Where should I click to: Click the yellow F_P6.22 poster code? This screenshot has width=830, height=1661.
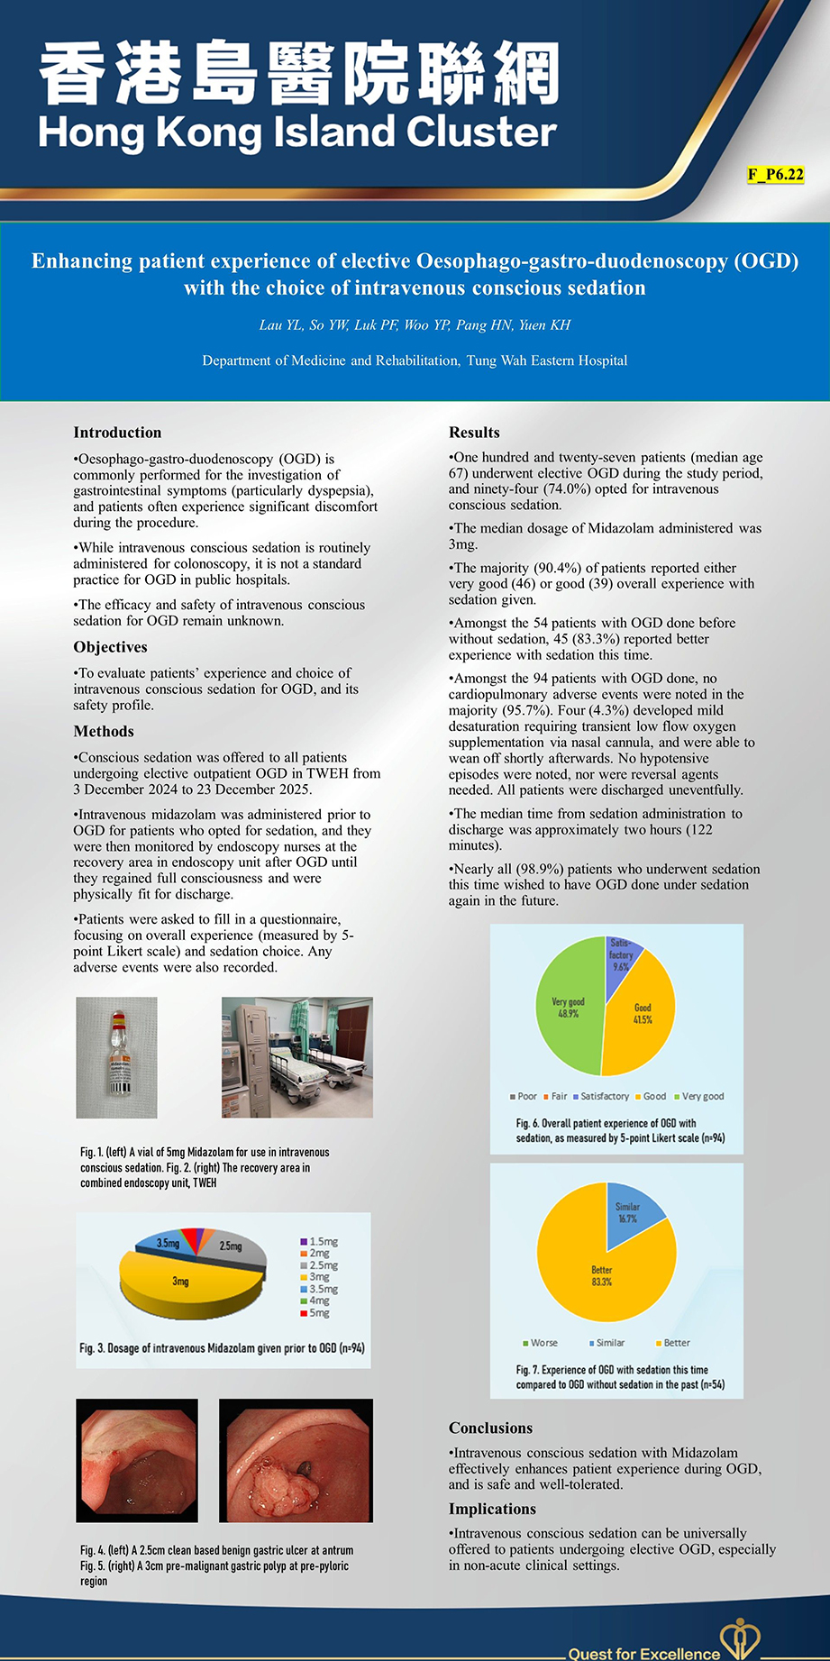pos(775,175)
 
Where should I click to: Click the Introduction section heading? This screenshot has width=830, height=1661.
pos(117,433)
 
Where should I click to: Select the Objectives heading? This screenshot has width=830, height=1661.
pos(110,647)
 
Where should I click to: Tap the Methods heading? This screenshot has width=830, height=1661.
pos(104,731)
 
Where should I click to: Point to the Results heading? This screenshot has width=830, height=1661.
pos(474,433)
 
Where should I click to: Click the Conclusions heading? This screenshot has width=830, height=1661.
pos(490,1428)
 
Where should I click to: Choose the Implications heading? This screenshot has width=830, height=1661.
pos(492,1509)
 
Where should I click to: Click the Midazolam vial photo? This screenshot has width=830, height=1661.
pos(116,1057)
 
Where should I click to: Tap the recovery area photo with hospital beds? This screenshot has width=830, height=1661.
pos(296,1057)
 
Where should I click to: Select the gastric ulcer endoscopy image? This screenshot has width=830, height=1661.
pos(136,1460)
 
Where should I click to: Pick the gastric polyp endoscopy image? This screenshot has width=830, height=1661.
pos(296,1460)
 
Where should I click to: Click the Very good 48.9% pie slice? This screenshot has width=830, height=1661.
pos(568,1008)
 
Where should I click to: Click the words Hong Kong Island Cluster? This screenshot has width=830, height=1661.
pos(297,132)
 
